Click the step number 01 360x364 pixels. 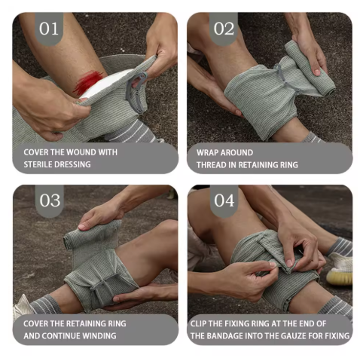pyautogui.click(x=49, y=29)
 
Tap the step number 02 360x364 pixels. pyautogui.click(x=224, y=29)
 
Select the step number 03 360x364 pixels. pyautogui.click(x=50, y=200)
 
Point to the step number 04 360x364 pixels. pyautogui.click(x=224, y=200)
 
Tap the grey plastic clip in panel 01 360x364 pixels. pyautogui.click(x=136, y=93)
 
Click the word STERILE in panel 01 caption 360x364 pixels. pyautogui.click(x=38, y=164)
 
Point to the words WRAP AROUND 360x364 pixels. pyautogui.click(x=224, y=153)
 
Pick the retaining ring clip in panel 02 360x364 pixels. pyautogui.click(x=284, y=77)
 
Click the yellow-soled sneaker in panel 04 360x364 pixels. pyautogui.click(x=340, y=270)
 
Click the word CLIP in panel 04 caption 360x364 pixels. pyautogui.click(x=199, y=323)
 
